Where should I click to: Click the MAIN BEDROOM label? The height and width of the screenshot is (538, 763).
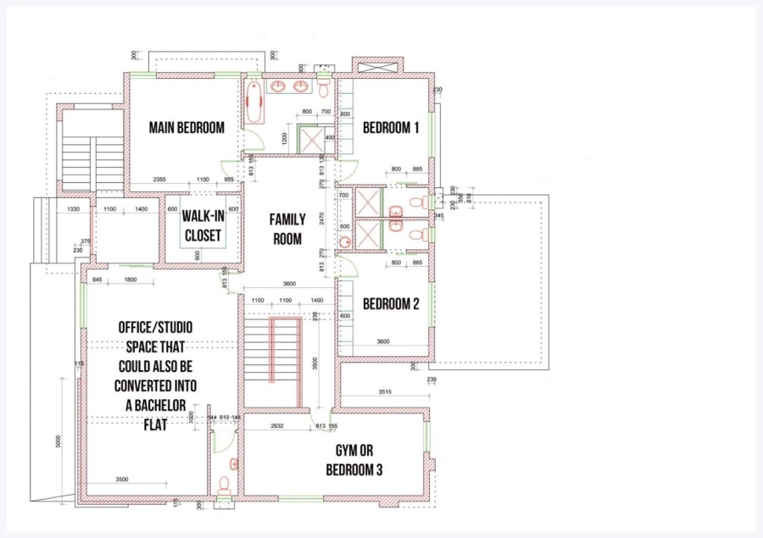coord(187,128)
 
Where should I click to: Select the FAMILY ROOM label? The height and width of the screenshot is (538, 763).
coord(287,229)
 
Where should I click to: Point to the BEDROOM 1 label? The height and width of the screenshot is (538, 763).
coord(391,128)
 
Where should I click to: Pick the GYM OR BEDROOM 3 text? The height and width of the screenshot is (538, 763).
coord(354,459)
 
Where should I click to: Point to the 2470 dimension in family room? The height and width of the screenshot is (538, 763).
coord(323,218)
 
